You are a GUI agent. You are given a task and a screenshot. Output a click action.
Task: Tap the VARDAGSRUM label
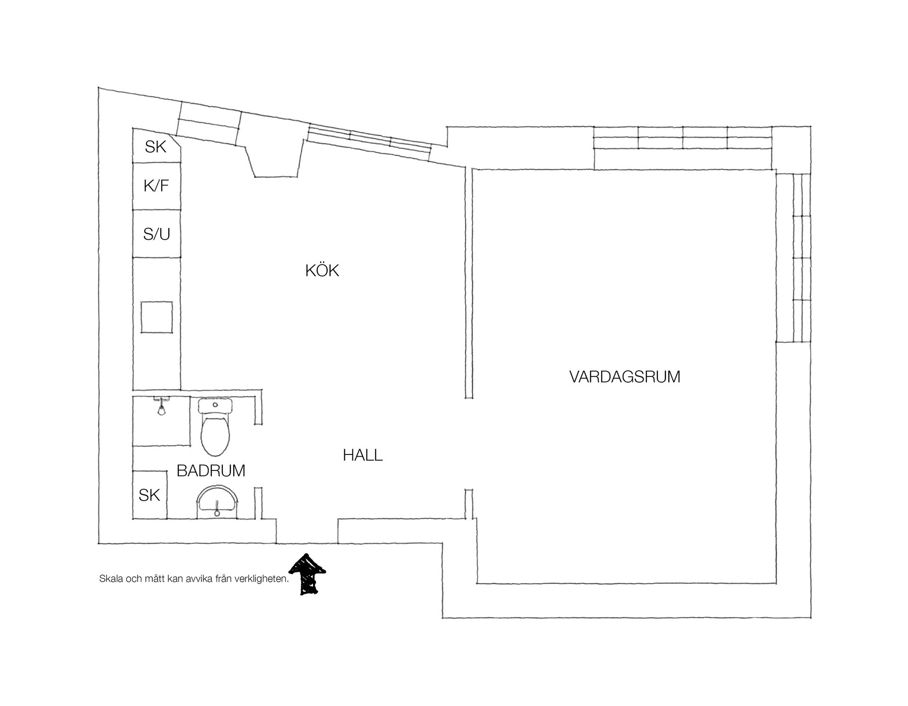pos(625,377)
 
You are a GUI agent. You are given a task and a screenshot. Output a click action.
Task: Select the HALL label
pos(363,455)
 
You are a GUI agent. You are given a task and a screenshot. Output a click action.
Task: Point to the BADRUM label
pos(211,471)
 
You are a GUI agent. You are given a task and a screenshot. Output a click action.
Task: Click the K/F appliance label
pos(156,186)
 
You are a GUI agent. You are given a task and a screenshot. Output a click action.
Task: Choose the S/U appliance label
pos(157,234)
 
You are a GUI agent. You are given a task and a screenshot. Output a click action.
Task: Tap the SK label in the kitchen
pos(156,147)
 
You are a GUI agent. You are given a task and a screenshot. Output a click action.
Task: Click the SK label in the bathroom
pos(149,495)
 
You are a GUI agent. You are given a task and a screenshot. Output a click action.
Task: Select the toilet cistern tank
pos(216,406)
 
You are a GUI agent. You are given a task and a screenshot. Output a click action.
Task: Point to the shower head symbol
pos(161,407)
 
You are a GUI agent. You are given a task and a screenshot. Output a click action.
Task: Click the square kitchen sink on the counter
pos(157,317)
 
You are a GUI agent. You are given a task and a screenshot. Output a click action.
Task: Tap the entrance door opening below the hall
pos(307,543)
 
